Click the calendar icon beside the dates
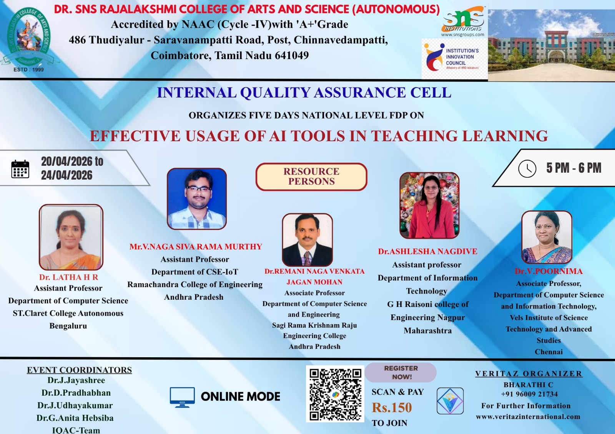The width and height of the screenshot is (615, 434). [x=20, y=169]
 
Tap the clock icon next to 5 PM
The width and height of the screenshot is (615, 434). [x=527, y=168]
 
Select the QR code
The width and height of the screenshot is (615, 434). [x=335, y=394]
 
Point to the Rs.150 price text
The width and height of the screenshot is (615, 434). [x=392, y=408]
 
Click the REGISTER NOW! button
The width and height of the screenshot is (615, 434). [x=401, y=372]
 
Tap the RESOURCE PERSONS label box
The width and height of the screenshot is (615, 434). [x=311, y=177]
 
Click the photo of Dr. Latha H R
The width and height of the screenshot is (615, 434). [x=71, y=237]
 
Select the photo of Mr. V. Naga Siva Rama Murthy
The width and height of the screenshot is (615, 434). [x=197, y=199]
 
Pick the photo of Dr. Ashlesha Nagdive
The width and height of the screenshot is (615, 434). [x=429, y=205]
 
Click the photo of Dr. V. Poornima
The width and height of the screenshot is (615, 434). [x=547, y=237]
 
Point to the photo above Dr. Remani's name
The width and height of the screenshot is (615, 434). [x=307, y=240]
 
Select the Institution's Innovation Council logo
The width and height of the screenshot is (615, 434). [x=454, y=59]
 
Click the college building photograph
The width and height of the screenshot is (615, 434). [x=551, y=45]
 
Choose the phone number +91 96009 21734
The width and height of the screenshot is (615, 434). [x=529, y=394]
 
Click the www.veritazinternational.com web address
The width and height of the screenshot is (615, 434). [x=528, y=417]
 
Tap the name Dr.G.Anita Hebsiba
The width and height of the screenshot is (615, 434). [x=75, y=418]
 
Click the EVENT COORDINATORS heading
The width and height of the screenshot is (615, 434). [x=79, y=370]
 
